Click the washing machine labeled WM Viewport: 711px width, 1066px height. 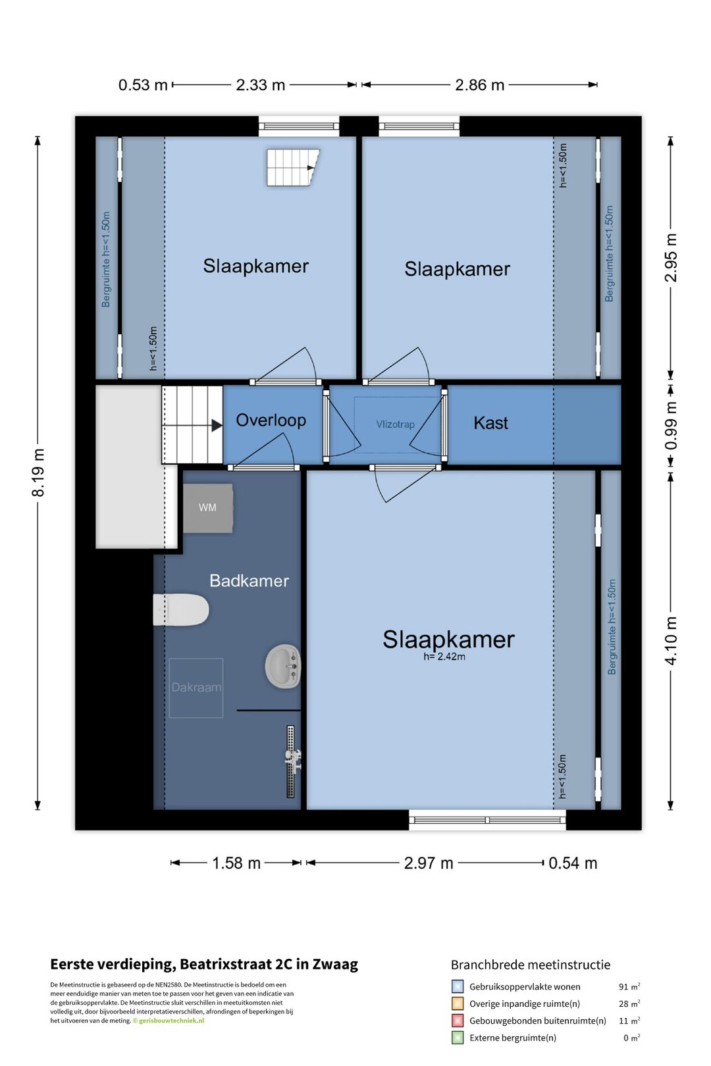click(208, 508)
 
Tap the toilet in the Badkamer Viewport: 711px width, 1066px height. click(181, 609)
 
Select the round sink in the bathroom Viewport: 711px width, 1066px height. click(283, 666)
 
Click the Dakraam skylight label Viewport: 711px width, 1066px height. click(196, 687)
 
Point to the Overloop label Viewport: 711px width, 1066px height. click(271, 420)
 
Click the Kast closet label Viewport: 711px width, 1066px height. click(490, 422)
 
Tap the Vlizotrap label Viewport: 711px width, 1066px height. click(395, 424)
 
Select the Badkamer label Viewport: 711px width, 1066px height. click(249, 580)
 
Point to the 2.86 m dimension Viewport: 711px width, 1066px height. click(479, 85)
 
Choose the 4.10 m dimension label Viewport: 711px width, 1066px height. click(671, 640)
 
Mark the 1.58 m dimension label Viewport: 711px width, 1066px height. click(236, 863)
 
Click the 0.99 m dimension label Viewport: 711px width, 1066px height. click(671, 426)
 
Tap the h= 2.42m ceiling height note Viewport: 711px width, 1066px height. click(444, 657)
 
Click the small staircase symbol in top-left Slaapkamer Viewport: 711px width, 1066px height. click(292, 167)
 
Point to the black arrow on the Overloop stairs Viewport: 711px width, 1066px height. click(217, 425)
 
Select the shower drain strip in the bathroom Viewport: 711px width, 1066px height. click(290, 761)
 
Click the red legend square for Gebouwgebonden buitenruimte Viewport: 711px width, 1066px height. click(457, 1021)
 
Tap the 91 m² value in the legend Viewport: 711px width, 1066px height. click(629, 986)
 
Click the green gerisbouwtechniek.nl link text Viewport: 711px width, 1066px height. click(171, 1021)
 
